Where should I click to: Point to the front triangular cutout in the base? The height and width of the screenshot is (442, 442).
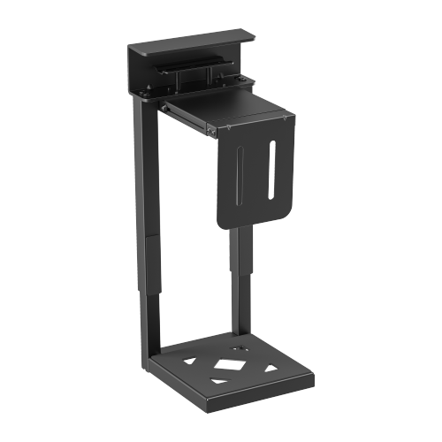click(x=218, y=380)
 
